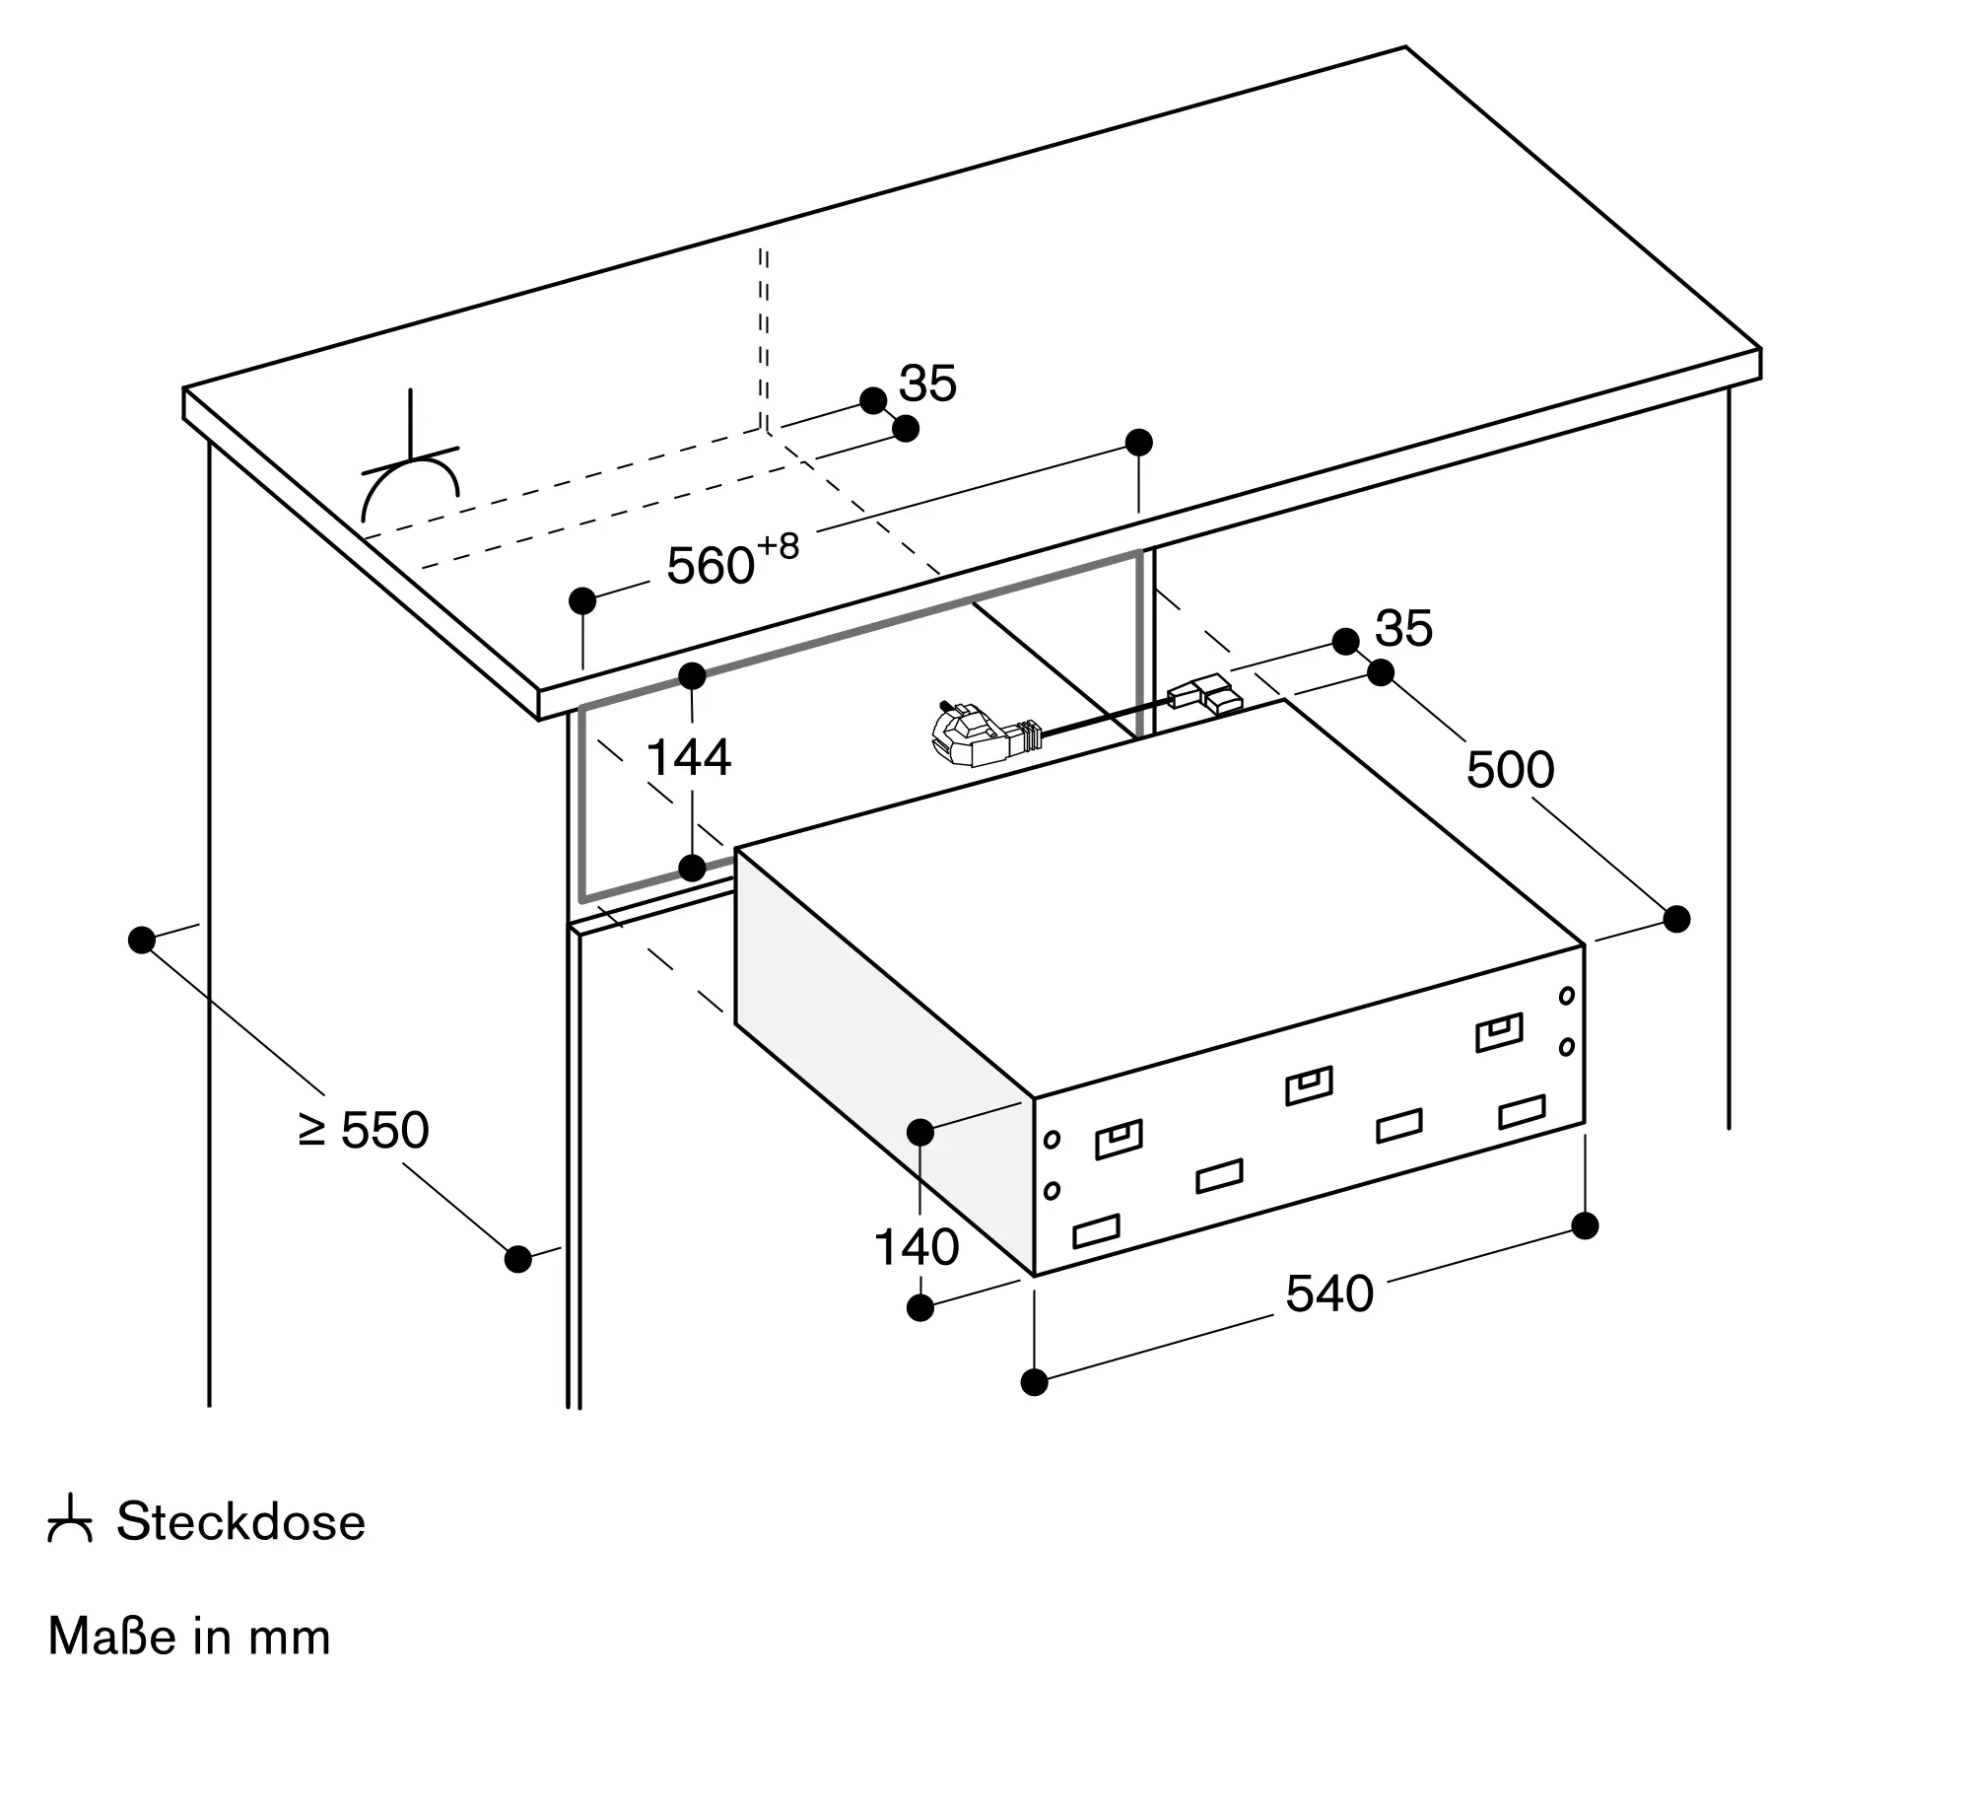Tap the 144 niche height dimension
(x=689, y=758)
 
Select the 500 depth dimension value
(x=1510, y=769)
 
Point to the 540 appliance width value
(x=1329, y=1293)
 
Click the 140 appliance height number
(x=917, y=1247)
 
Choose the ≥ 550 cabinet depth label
(x=363, y=1130)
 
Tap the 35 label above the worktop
(x=927, y=384)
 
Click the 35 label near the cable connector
(x=1403, y=628)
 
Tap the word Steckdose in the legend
(x=241, y=1521)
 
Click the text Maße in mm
(x=189, y=1637)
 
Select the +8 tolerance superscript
(x=779, y=545)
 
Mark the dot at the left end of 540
(x=1034, y=1382)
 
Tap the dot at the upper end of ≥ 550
(x=142, y=940)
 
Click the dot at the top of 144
(x=693, y=676)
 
